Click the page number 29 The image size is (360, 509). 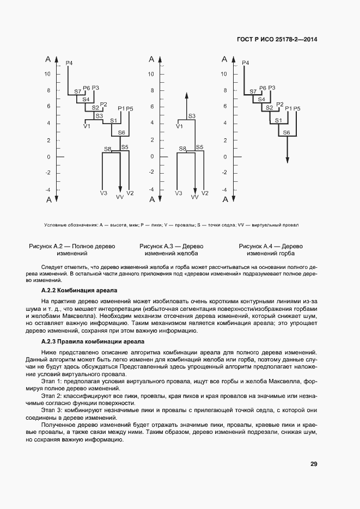pos(314,464)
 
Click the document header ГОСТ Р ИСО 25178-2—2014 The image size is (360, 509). pos(277,39)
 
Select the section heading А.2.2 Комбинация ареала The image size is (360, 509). pos(80,291)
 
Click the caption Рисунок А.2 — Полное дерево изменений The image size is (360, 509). pos(72,250)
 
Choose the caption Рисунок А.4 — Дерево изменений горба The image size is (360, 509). pos(271,250)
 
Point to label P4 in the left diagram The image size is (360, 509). pos(69,63)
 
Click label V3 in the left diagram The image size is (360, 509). pos(103,193)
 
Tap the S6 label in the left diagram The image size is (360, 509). pos(121,133)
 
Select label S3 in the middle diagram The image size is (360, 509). pos(192,116)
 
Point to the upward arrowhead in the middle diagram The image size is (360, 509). pos(186,95)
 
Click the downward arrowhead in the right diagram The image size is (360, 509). pos(288,160)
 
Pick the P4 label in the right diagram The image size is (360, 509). pos(245,63)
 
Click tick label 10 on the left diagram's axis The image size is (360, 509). pos(47,74)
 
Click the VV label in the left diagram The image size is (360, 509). pos(120,197)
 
